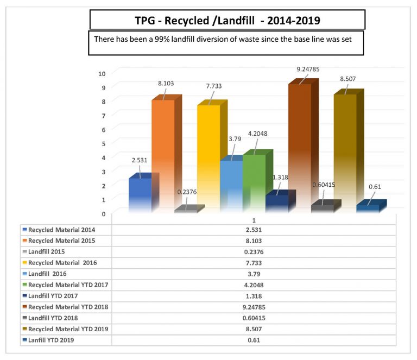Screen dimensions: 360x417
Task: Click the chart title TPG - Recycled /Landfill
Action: click(227, 21)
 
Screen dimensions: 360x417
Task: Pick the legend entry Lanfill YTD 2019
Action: click(52, 340)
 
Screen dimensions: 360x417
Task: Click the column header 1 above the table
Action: click(254, 219)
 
